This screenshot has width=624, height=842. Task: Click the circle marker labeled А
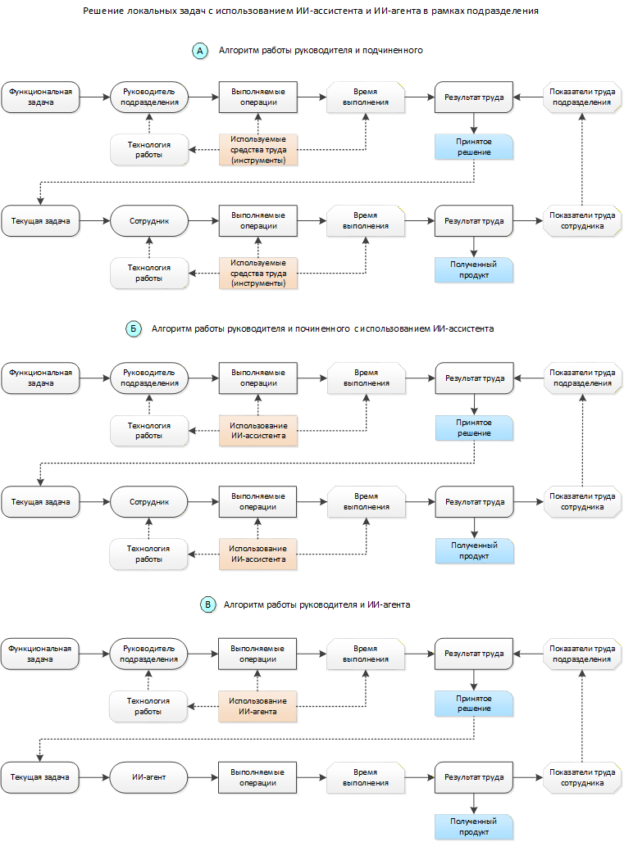pyautogui.click(x=200, y=51)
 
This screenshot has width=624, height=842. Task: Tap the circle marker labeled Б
pyautogui.click(x=134, y=328)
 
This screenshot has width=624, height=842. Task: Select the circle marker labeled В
pyautogui.click(x=207, y=604)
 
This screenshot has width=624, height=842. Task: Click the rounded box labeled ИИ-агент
pyautogui.click(x=148, y=777)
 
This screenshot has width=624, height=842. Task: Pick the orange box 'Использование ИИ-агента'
pyautogui.click(x=257, y=706)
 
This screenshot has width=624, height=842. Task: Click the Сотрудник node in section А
pyautogui.click(x=149, y=220)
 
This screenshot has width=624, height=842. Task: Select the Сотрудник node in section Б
pyautogui.click(x=149, y=501)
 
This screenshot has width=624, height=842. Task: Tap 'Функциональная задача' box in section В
pyautogui.click(x=40, y=654)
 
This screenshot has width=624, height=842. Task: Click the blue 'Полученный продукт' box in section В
pyautogui.click(x=474, y=826)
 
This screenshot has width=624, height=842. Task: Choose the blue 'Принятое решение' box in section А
pyautogui.click(x=474, y=147)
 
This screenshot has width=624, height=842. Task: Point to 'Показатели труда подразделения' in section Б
pyautogui.click(x=583, y=378)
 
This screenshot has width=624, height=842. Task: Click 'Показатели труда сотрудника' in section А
pyautogui.click(x=582, y=220)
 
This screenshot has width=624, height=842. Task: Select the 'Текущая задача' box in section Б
pyautogui.click(x=40, y=501)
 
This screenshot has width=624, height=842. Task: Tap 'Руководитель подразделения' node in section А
pyautogui.click(x=149, y=97)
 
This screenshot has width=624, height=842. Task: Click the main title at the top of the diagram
pyautogui.click(x=311, y=11)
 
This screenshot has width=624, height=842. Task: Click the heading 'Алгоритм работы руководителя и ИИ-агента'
pyautogui.click(x=317, y=604)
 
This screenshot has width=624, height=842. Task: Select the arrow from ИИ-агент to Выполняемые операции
pyautogui.click(x=203, y=777)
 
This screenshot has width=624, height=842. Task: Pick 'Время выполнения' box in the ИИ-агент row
pyautogui.click(x=366, y=777)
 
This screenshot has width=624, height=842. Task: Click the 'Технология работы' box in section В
pyautogui.click(x=148, y=706)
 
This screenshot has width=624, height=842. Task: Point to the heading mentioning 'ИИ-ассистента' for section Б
pyautogui.click(x=322, y=328)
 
